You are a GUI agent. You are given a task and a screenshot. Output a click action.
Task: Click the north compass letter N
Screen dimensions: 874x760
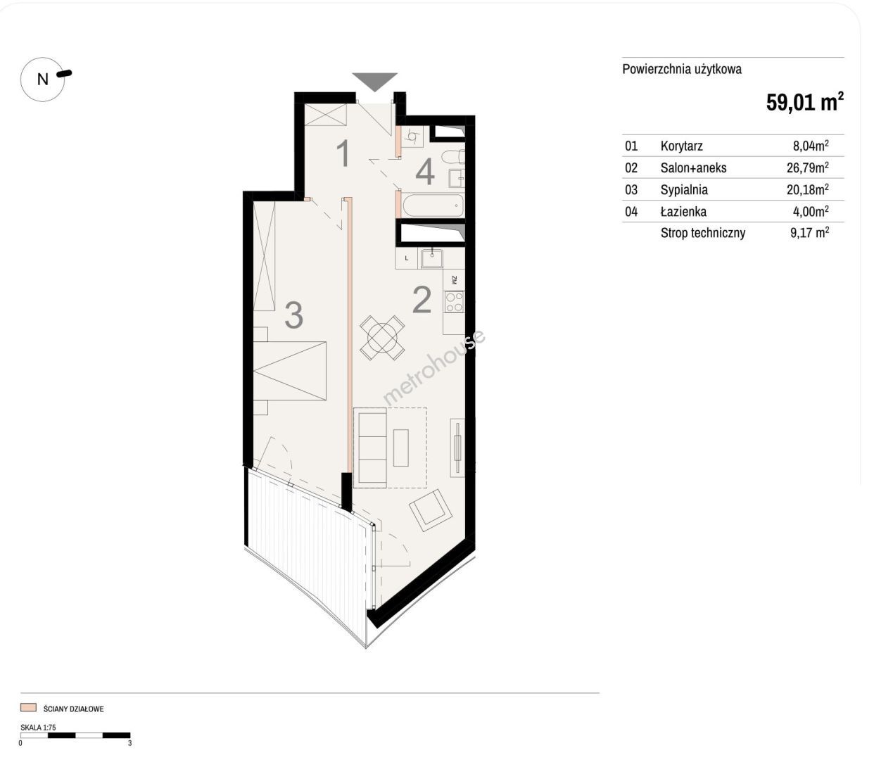tap(43, 80)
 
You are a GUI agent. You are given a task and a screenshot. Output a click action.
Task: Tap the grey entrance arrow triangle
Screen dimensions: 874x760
tap(374, 81)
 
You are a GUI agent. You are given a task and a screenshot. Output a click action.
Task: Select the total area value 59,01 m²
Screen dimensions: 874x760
tap(805, 102)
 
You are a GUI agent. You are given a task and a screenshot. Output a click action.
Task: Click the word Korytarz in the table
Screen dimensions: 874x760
tap(681, 146)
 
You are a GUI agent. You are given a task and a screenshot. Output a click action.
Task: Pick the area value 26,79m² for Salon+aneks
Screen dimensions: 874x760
tap(808, 167)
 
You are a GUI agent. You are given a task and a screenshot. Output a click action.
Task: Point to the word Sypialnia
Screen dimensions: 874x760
tap(684, 190)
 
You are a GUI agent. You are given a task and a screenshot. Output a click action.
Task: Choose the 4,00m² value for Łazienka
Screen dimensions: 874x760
tap(811, 211)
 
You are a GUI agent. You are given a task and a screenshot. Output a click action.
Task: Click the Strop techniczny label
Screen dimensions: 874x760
tap(703, 233)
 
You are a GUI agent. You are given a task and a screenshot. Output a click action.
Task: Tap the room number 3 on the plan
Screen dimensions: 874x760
tap(294, 315)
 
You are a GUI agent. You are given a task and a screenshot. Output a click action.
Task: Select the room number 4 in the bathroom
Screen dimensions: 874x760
tap(425, 172)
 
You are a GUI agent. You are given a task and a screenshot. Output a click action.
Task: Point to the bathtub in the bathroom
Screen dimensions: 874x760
tap(432, 206)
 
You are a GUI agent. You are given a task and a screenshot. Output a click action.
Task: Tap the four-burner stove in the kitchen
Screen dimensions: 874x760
tap(454, 302)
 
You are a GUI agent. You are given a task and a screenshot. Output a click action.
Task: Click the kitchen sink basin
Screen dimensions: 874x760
tap(432, 259)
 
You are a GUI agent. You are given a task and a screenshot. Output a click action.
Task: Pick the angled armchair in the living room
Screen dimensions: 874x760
tap(431, 510)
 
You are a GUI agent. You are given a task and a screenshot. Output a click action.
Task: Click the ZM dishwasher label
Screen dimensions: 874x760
tap(454, 280)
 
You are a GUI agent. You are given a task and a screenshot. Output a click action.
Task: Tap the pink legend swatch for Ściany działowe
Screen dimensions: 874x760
tap(28, 707)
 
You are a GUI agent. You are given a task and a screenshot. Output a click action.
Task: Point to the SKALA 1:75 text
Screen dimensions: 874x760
tap(38, 728)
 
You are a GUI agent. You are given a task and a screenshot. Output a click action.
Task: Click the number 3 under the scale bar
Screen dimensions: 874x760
tap(130, 743)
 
